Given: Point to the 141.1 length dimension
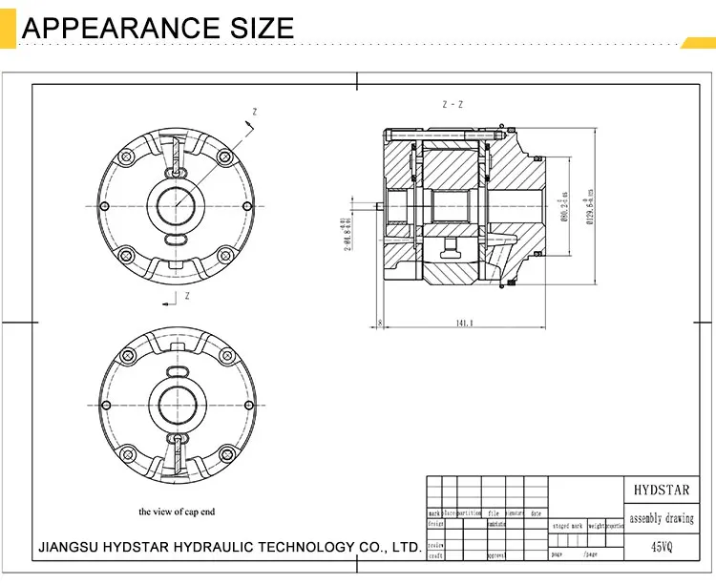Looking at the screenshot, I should coord(465,324).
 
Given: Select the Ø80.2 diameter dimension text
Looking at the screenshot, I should coord(564,204).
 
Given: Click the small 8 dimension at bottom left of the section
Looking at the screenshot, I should coord(380,324).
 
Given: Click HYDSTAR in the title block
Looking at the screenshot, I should coord(661,491).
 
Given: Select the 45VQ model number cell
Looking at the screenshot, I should coord(661,548).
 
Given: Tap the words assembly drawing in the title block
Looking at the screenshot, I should coord(661,519).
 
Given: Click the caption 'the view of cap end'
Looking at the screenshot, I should coord(177,512).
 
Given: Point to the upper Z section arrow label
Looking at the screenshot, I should coord(254,112).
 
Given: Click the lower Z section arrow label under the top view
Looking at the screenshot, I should coord(187,297).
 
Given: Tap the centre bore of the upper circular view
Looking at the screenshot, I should coord(177,205).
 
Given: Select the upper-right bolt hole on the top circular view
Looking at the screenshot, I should coord(224,157).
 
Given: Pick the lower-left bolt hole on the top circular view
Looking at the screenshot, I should coord(125,254).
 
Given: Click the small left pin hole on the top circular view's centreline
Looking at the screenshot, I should coord(105,205).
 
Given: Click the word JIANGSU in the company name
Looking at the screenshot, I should coord(70,547).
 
